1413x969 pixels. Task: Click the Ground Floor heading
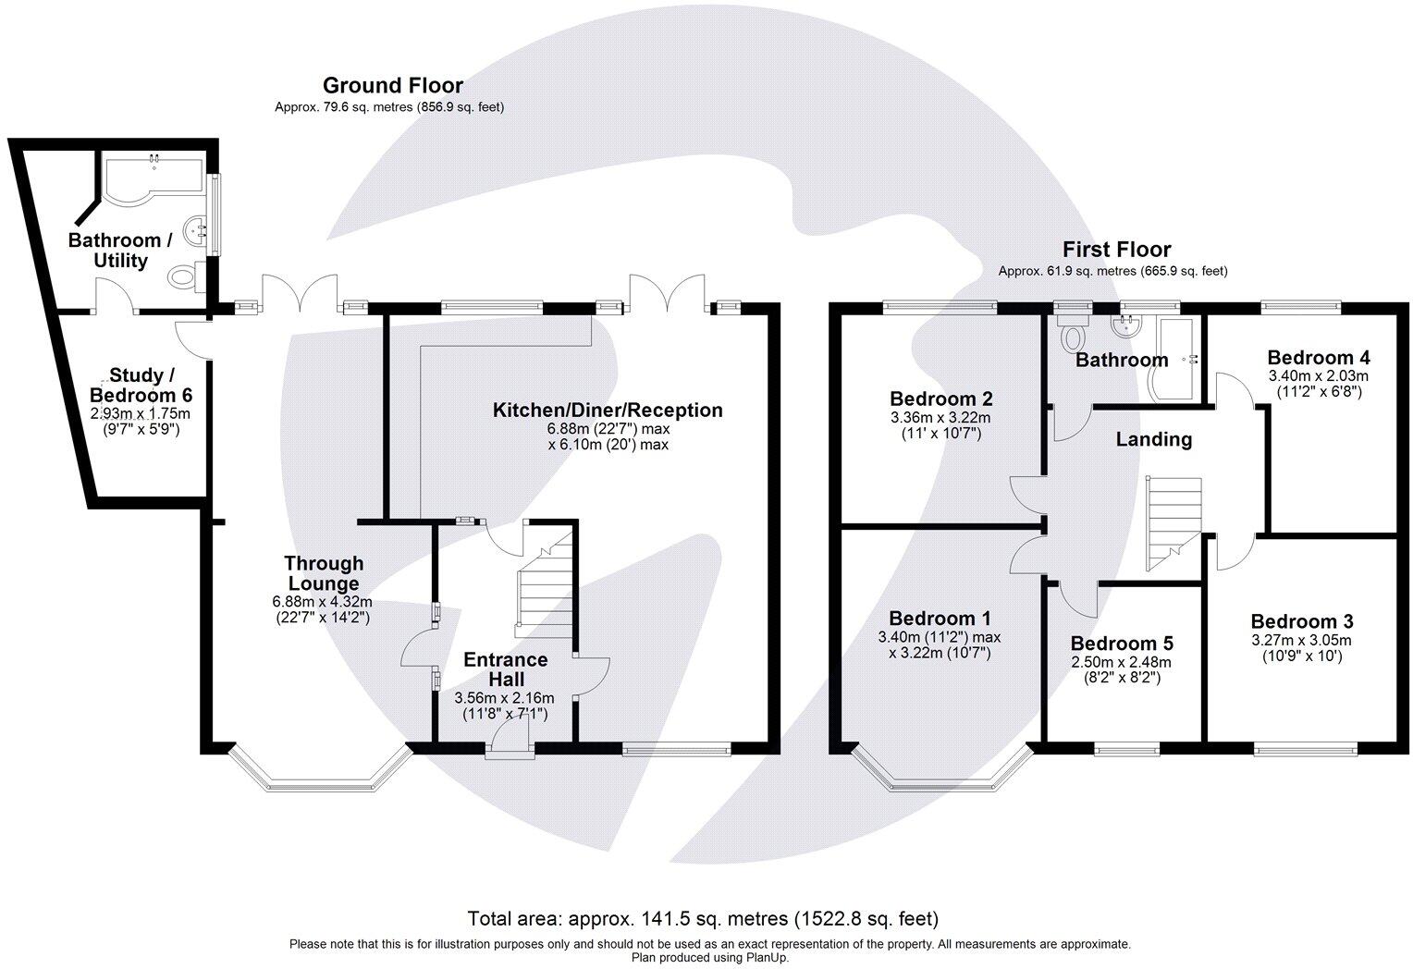(x=392, y=86)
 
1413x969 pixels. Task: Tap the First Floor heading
(x=1116, y=250)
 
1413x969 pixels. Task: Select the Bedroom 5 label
(x=1113, y=644)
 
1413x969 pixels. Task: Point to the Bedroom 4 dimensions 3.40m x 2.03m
(x=1318, y=376)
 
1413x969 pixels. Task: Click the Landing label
(x=1153, y=440)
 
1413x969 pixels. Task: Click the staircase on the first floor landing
(x=1173, y=522)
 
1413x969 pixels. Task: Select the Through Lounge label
(x=324, y=573)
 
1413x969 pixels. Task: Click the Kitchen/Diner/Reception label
(x=608, y=411)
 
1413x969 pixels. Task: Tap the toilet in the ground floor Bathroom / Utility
(x=186, y=276)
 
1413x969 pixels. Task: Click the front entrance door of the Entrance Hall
(x=510, y=742)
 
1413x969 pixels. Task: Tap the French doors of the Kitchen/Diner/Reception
(x=669, y=291)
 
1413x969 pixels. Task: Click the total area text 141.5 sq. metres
(x=703, y=919)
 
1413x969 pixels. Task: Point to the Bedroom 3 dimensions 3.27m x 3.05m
(x=1301, y=641)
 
